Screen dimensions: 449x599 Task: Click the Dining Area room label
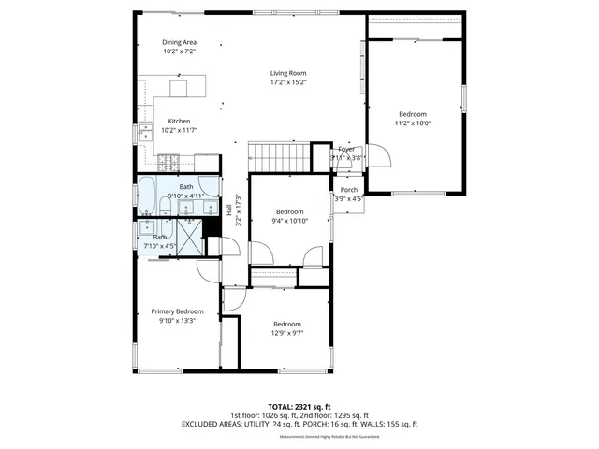179,42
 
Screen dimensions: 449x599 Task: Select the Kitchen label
179,122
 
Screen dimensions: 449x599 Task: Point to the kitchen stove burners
167,163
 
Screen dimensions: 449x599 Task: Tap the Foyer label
346,149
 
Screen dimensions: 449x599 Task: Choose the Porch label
348,189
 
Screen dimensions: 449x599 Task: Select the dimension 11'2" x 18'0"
413,123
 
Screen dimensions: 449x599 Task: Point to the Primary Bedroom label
177,311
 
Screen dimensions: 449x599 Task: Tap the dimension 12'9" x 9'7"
286,333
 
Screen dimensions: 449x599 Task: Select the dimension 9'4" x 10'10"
289,221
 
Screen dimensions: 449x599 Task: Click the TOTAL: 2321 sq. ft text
299,406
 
